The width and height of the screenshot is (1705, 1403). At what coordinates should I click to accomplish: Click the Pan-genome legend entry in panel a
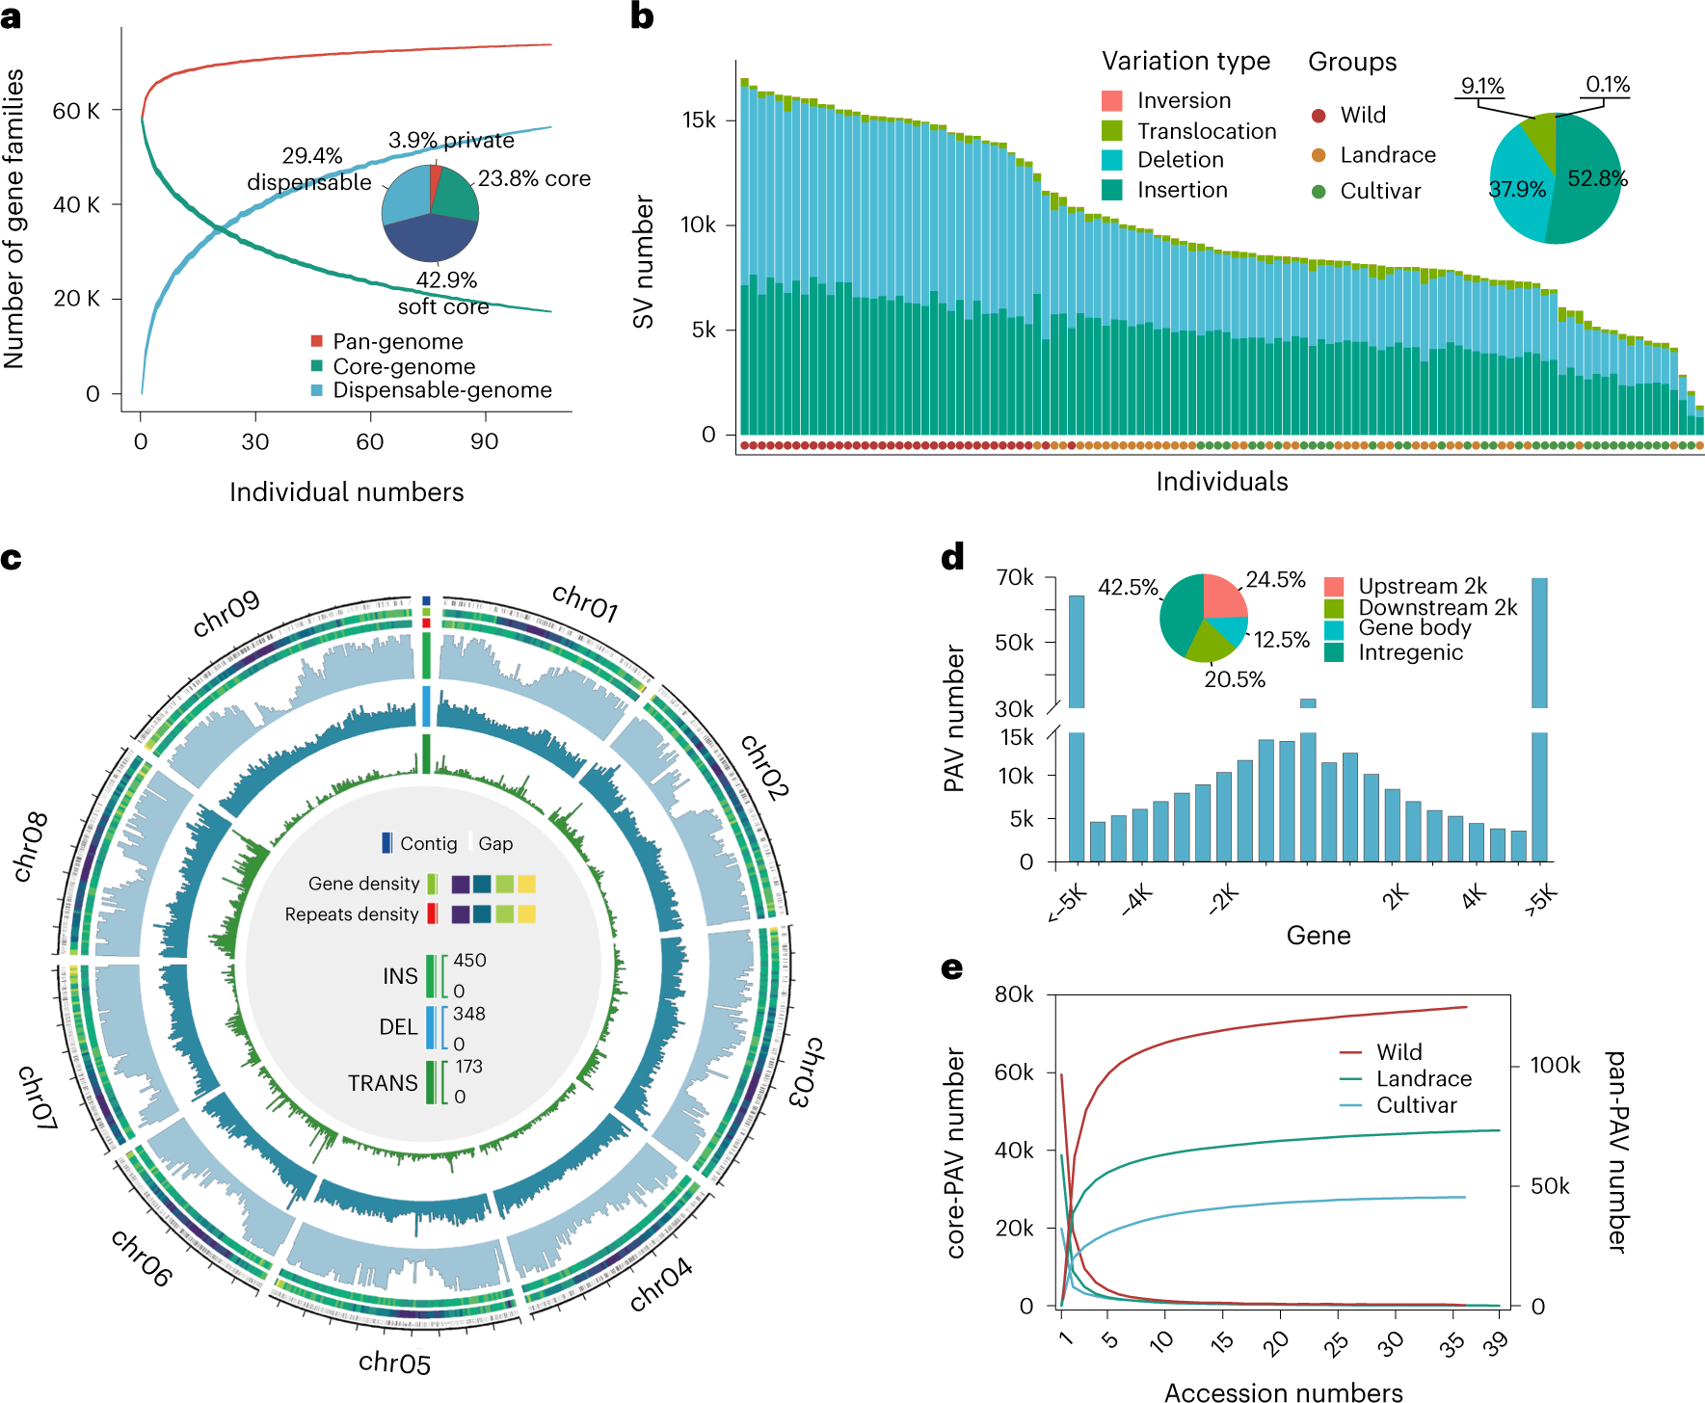pyautogui.click(x=397, y=342)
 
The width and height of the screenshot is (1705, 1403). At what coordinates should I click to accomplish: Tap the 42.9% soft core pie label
pyautogui.click(x=445, y=293)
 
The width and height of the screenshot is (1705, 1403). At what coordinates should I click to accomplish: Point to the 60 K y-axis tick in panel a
pyautogui.click(x=76, y=111)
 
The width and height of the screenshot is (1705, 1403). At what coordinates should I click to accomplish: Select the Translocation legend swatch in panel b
pyautogui.click(x=1111, y=130)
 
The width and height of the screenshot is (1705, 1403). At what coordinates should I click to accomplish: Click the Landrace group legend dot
pyautogui.click(x=1319, y=155)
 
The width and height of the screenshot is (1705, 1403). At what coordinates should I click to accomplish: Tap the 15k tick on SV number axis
pyautogui.click(x=699, y=120)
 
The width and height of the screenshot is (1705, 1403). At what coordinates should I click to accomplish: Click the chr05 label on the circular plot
pyautogui.click(x=394, y=1363)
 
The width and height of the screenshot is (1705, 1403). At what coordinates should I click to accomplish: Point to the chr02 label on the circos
pyautogui.click(x=764, y=767)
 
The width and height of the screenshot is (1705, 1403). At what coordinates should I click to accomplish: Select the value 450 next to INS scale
pyautogui.click(x=469, y=961)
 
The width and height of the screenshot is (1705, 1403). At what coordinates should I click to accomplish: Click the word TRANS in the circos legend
pyautogui.click(x=383, y=1083)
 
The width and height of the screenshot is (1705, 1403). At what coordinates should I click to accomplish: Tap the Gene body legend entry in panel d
pyautogui.click(x=1414, y=628)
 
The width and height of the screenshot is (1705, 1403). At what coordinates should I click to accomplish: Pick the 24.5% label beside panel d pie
pyautogui.click(x=1275, y=580)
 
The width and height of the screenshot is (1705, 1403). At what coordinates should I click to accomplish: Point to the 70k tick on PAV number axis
pyautogui.click(x=1014, y=577)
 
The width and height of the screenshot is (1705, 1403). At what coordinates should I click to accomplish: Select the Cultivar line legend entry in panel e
pyautogui.click(x=1415, y=1105)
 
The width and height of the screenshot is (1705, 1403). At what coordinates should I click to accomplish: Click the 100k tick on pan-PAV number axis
pyautogui.click(x=1556, y=1065)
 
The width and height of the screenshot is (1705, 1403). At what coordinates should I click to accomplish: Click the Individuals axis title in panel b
pyautogui.click(x=1221, y=482)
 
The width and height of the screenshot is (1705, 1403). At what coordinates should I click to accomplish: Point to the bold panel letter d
pyautogui.click(x=952, y=558)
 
